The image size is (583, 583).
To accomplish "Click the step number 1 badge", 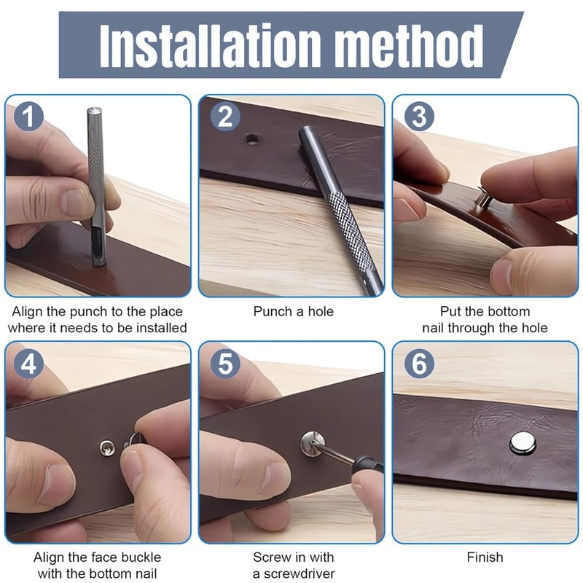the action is pyautogui.click(x=28, y=117).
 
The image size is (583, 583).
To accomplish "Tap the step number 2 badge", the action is pyautogui.click(x=225, y=117).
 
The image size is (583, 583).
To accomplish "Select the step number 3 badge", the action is pyautogui.click(x=419, y=117).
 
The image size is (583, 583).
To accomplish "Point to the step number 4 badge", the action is pyautogui.click(x=28, y=363).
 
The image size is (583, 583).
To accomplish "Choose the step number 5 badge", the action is pyautogui.click(x=225, y=363).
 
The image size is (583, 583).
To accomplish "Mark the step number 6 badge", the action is pyautogui.click(x=419, y=363).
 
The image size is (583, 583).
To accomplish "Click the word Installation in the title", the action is pyautogui.click(x=211, y=46).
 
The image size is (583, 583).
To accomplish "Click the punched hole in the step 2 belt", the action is pyautogui.click(x=252, y=140).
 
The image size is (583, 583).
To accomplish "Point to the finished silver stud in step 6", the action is pyautogui.click(x=523, y=443).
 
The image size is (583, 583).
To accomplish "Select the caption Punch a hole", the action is pyautogui.click(x=294, y=311).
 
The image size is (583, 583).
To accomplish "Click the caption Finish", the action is pyautogui.click(x=485, y=557).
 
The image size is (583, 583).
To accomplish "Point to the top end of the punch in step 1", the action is pyautogui.click(x=94, y=110).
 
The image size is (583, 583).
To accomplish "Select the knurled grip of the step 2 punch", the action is pyautogui.click(x=351, y=227).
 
